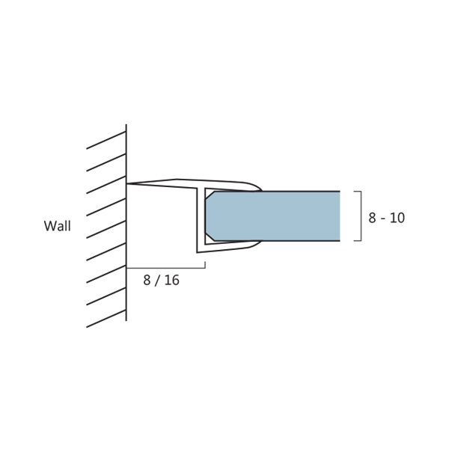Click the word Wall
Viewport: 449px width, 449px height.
(x=58, y=226)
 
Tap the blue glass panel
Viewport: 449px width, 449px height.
(x=272, y=216)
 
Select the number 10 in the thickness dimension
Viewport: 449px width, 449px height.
(x=397, y=218)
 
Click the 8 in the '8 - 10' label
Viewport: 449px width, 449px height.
(x=372, y=218)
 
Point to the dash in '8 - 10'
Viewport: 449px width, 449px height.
(x=383, y=219)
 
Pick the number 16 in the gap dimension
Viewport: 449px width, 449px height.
(x=172, y=280)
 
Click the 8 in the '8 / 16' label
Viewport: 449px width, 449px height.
(x=147, y=280)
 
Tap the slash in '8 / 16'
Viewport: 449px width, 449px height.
(x=157, y=281)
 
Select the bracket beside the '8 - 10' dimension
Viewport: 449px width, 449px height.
(x=361, y=216)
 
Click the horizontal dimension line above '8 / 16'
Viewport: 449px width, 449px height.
(x=166, y=269)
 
